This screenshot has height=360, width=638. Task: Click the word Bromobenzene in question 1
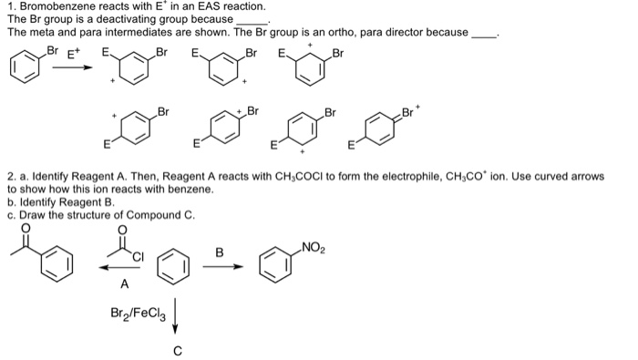[56, 6]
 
